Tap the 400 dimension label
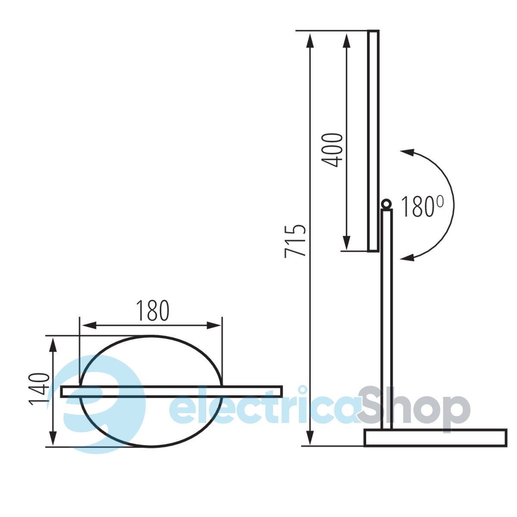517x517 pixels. (333, 150)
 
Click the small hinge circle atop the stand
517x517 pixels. (386, 204)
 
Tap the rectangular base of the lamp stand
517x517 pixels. (436, 438)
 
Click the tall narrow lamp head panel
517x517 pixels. (373, 141)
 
